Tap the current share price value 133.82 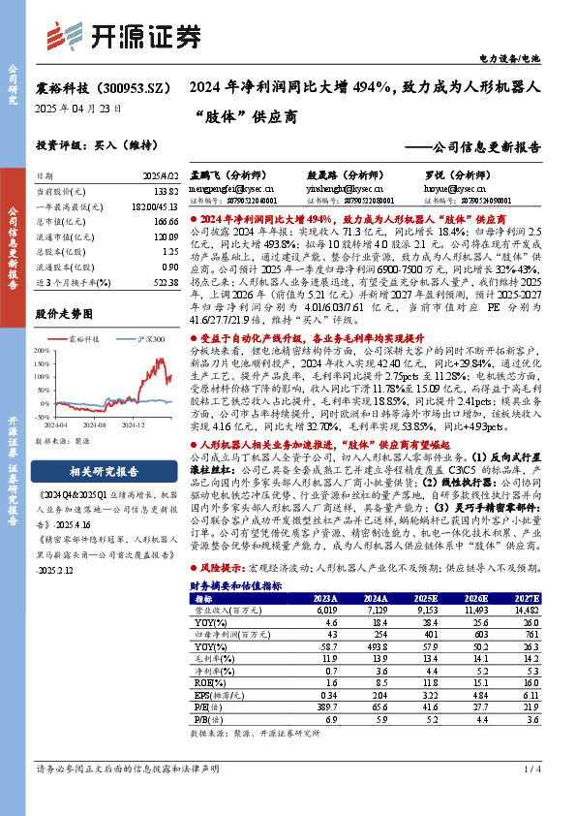point(167,192)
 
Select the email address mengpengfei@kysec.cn point(228,189)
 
